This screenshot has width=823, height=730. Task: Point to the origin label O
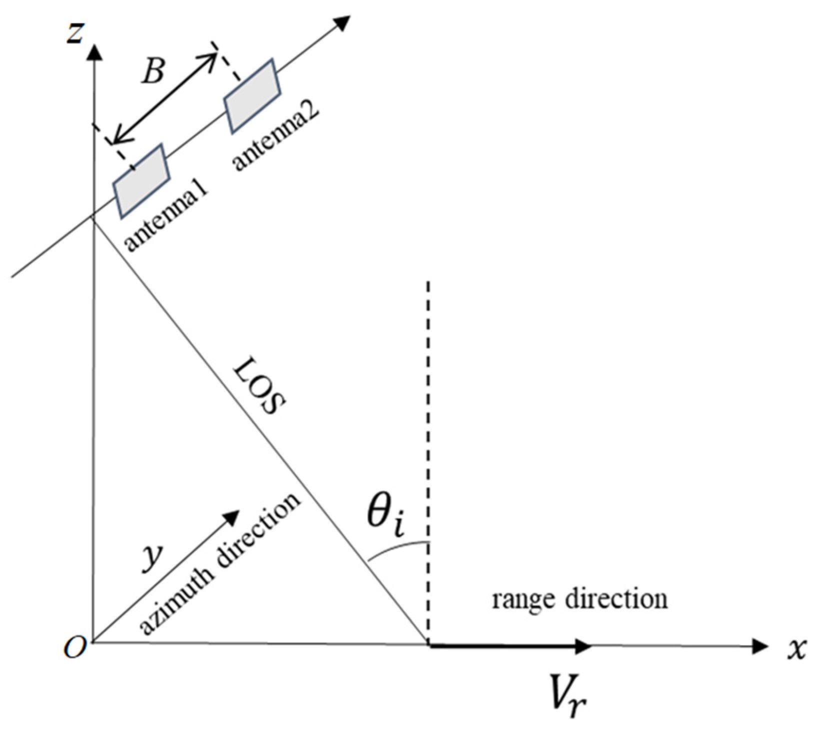click(x=74, y=648)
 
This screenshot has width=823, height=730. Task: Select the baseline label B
click(x=152, y=72)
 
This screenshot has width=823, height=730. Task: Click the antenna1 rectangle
click(x=141, y=181)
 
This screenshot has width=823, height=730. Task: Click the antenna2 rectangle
click(x=252, y=96)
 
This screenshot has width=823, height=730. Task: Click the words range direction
click(x=579, y=598)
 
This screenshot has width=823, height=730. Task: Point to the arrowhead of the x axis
click(x=760, y=646)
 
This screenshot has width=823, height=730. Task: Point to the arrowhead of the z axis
click(x=93, y=51)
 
